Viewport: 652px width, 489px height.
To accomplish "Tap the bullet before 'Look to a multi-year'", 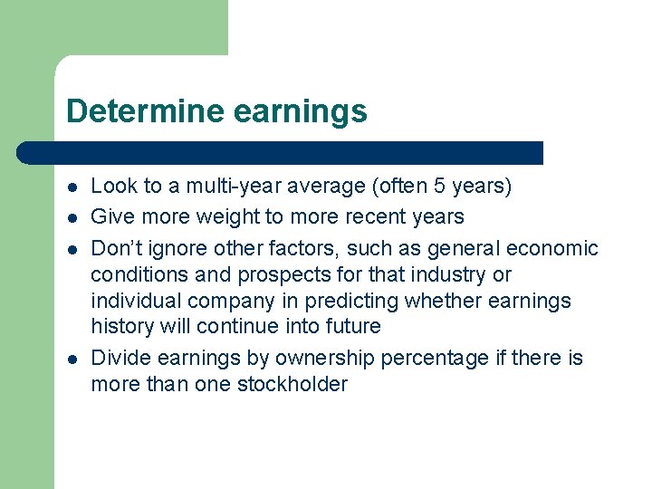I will pos(71,187).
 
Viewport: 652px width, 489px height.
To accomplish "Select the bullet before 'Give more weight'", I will pos(71,217).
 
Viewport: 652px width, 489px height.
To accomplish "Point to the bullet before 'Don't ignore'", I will pos(71,249).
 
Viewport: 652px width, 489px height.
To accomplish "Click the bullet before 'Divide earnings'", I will pos(71,359).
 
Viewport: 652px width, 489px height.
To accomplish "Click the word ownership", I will pos(324,359).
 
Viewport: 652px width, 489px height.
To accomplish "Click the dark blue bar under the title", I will pos(281,153).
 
